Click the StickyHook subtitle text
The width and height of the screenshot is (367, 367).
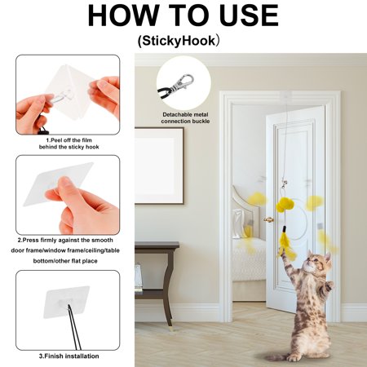(x=179, y=41)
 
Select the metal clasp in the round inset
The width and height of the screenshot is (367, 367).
(x=183, y=82)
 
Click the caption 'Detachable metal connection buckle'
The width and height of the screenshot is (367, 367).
(x=185, y=118)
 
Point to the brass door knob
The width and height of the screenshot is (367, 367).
(x=268, y=219)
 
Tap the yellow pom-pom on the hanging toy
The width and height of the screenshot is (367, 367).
(x=284, y=205)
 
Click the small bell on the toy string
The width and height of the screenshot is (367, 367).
(x=283, y=185)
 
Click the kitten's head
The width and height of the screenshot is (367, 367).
(x=318, y=262)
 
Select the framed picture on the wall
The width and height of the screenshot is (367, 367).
(x=159, y=166)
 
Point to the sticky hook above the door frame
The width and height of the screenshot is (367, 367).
(x=286, y=96)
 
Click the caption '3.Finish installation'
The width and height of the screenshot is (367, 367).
(x=69, y=356)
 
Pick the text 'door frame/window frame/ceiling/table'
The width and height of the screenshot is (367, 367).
(x=65, y=250)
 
